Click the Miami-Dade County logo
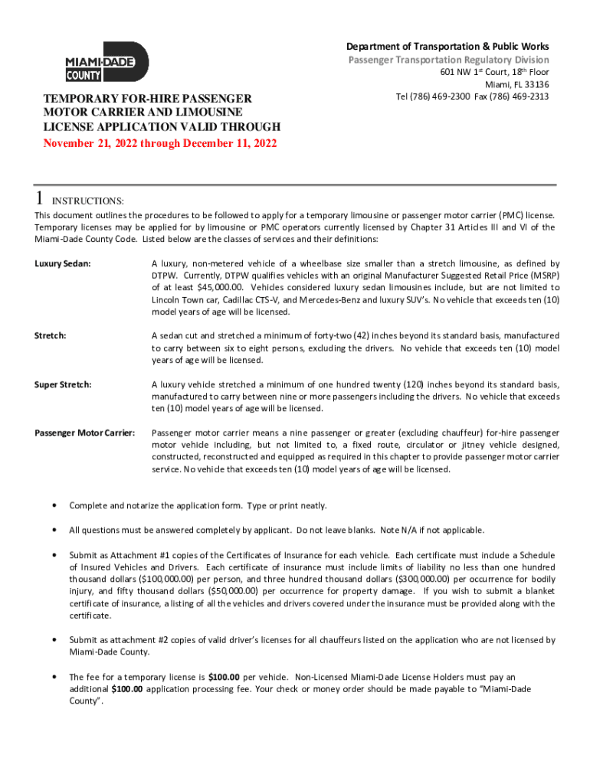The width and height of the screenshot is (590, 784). pos(106,62)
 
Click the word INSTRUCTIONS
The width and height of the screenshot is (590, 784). pos(87,201)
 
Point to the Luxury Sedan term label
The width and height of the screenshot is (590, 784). pos(63,263)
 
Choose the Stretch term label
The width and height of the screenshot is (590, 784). pos(50,335)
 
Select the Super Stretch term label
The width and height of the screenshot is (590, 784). pos(63,384)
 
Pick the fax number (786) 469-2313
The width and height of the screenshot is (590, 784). pos(520,96)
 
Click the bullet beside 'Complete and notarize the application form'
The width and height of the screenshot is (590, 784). pos(53,505)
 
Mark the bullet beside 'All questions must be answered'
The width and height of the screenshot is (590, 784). pos(53,530)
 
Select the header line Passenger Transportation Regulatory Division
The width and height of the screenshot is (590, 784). pos(448,60)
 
